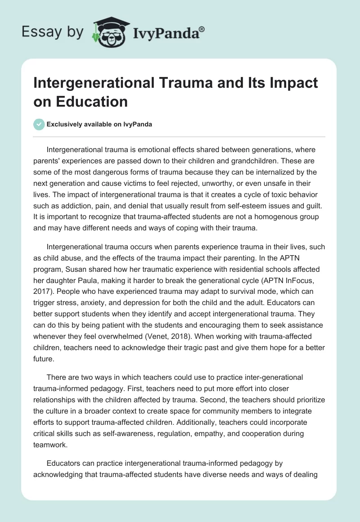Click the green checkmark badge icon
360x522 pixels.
pyautogui.click(x=39, y=124)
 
